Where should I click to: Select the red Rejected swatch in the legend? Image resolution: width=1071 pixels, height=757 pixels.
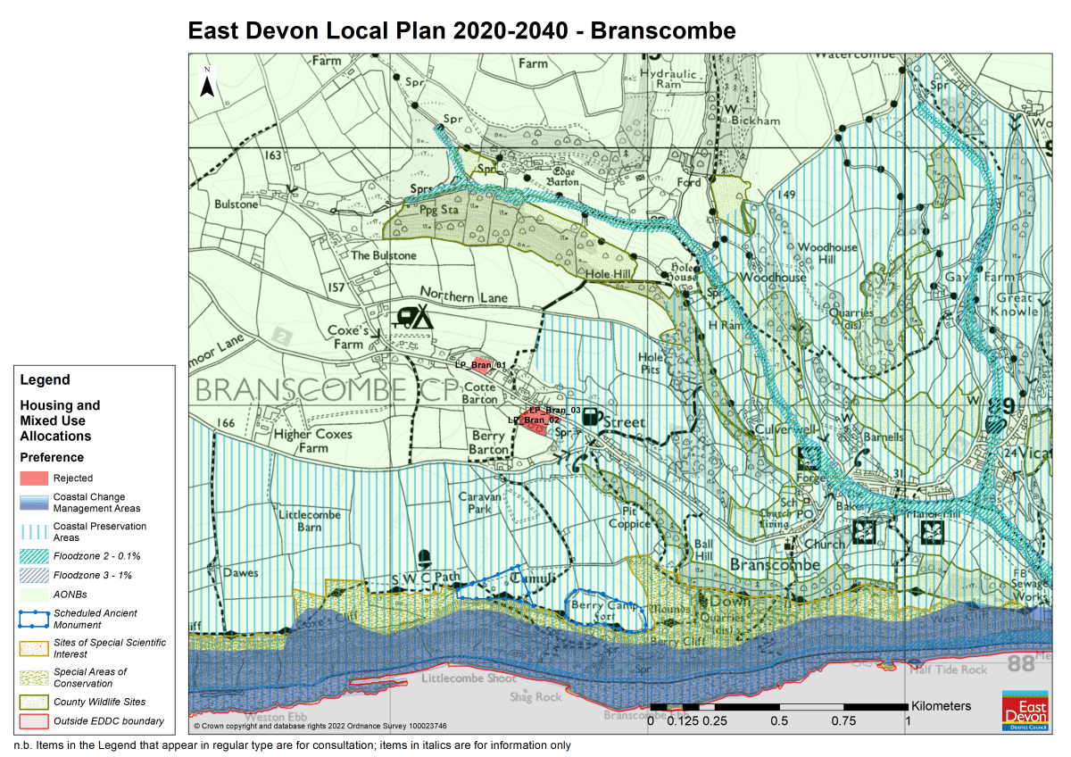[x=34, y=478]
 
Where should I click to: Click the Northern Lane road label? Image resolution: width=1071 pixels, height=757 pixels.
[x=463, y=296]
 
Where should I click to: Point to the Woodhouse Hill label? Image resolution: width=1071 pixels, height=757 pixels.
[x=826, y=253]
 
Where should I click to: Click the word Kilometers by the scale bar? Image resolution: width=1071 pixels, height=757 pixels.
[x=941, y=706]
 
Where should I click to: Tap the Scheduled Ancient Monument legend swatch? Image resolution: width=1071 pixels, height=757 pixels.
[x=34, y=619]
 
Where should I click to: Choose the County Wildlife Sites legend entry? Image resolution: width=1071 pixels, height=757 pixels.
[x=99, y=702]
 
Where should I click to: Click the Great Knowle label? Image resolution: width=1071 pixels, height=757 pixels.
[x=1017, y=304]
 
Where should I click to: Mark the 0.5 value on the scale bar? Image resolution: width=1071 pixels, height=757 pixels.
[x=779, y=720]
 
